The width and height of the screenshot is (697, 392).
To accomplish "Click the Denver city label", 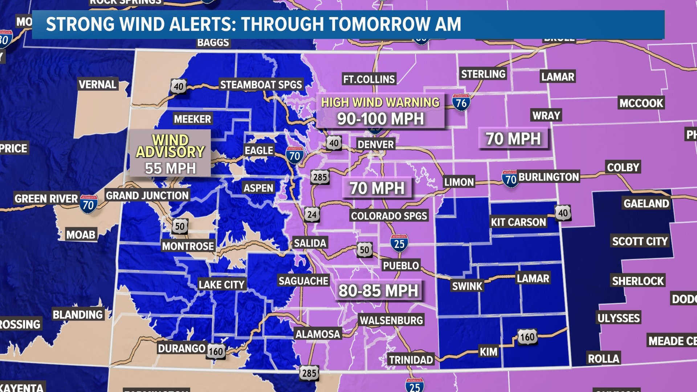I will click(375, 144).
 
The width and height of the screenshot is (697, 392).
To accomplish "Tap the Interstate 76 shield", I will click(461, 103).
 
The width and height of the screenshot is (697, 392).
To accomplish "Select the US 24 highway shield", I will click(312, 215).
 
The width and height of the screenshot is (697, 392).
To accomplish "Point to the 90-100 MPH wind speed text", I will click(380, 119).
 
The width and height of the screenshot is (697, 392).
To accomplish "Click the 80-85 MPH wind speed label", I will click(378, 291).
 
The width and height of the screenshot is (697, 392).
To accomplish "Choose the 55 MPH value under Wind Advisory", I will click(170, 168).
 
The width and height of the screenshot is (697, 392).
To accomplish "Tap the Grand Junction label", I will click(147, 196).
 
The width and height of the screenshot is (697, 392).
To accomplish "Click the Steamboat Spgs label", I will click(261, 85).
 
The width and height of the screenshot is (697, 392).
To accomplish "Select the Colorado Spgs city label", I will click(389, 216).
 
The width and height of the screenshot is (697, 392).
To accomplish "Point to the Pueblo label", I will click(401, 266).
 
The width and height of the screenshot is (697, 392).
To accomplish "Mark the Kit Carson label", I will click(518, 222).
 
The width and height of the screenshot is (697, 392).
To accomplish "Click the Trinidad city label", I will click(411, 360).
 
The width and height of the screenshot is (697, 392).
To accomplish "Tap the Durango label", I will click(182, 348).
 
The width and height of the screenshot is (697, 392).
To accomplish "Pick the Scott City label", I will click(640, 241).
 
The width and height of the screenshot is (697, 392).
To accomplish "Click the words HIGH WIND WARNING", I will click(380, 103).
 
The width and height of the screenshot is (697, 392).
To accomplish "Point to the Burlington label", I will click(549, 177).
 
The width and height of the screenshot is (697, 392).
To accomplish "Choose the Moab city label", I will click(81, 235).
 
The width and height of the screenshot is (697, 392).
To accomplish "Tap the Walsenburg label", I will click(391, 320).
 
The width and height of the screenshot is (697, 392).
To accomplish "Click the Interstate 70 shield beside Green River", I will click(89, 205).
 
